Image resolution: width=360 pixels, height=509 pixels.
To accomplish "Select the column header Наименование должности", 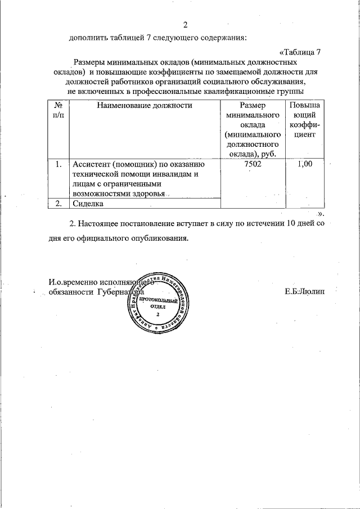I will pos(145,105).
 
